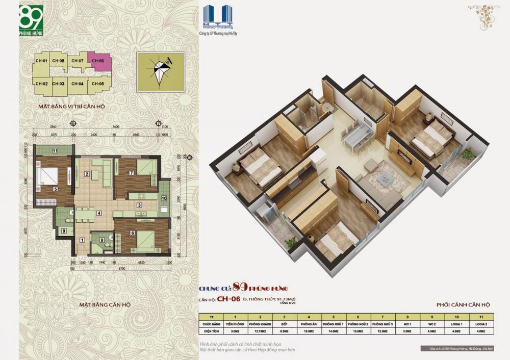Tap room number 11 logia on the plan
(55, 150)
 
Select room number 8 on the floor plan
(102, 240)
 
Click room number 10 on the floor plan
(164, 198)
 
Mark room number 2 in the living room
(87, 174)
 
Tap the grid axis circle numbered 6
(73, 123)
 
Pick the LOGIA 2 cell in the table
(477, 324)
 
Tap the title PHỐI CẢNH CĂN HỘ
(463, 304)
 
